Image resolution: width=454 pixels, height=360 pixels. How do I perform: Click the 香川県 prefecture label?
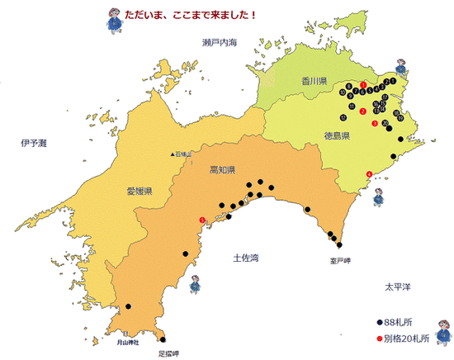pos(313,80)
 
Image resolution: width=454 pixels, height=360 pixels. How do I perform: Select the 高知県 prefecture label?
pos(224,170)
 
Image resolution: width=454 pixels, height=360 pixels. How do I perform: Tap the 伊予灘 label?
pos(35,144)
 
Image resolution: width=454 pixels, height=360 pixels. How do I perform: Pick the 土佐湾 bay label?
pos(246,258)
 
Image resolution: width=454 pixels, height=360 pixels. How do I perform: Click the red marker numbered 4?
pos(368,173)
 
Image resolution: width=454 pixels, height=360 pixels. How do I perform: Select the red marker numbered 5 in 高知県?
pos(203,220)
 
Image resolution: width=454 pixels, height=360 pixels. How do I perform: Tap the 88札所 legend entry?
pos(402,323)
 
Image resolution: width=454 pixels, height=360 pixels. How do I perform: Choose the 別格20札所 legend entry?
pos(406,338)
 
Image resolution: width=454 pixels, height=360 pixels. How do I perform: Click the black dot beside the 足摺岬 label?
pos(163,339)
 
